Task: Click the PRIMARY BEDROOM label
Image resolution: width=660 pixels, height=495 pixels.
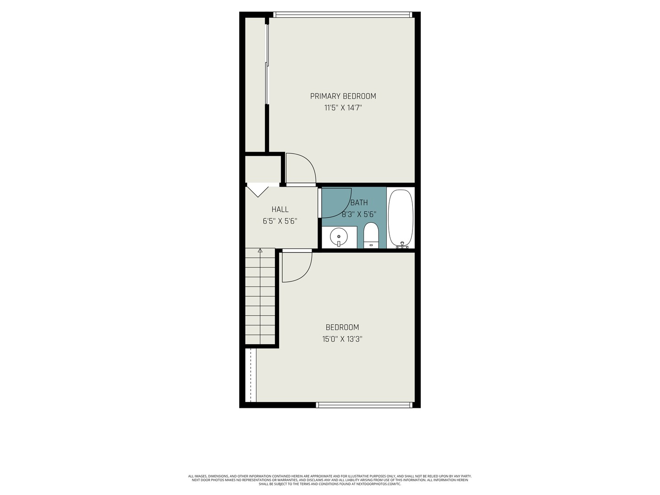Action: [x=343, y=96]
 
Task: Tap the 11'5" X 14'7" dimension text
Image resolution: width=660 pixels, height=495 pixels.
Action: [x=343, y=108]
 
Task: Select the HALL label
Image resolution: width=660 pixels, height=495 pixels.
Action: [x=280, y=209]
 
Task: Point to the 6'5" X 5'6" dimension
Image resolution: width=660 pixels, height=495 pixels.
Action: [x=280, y=221]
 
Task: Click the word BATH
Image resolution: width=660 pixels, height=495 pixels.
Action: [x=359, y=203]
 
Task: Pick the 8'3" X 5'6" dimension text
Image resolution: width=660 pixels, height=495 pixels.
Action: [x=359, y=214]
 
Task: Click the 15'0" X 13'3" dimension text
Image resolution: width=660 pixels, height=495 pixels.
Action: [x=342, y=339]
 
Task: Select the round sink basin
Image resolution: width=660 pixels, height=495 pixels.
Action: [x=338, y=236]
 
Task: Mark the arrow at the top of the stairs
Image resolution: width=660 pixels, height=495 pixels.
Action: [x=260, y=250]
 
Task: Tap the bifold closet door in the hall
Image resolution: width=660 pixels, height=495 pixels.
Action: [x=258, y=192]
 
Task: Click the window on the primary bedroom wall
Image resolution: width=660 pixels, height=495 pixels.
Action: [x=342, y=15]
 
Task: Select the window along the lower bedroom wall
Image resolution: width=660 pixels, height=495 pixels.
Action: [x=364, y=405]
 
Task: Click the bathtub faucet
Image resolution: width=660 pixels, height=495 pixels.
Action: [x=402, y=245]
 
